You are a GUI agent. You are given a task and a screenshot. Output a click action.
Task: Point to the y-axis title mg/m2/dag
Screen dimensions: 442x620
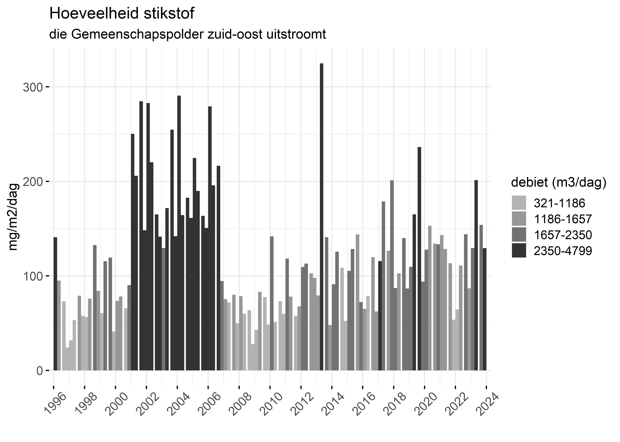13,217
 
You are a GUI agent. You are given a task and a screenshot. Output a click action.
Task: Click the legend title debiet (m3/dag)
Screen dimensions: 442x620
559,182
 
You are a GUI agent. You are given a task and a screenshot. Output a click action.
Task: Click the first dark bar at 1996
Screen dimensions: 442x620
55,304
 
